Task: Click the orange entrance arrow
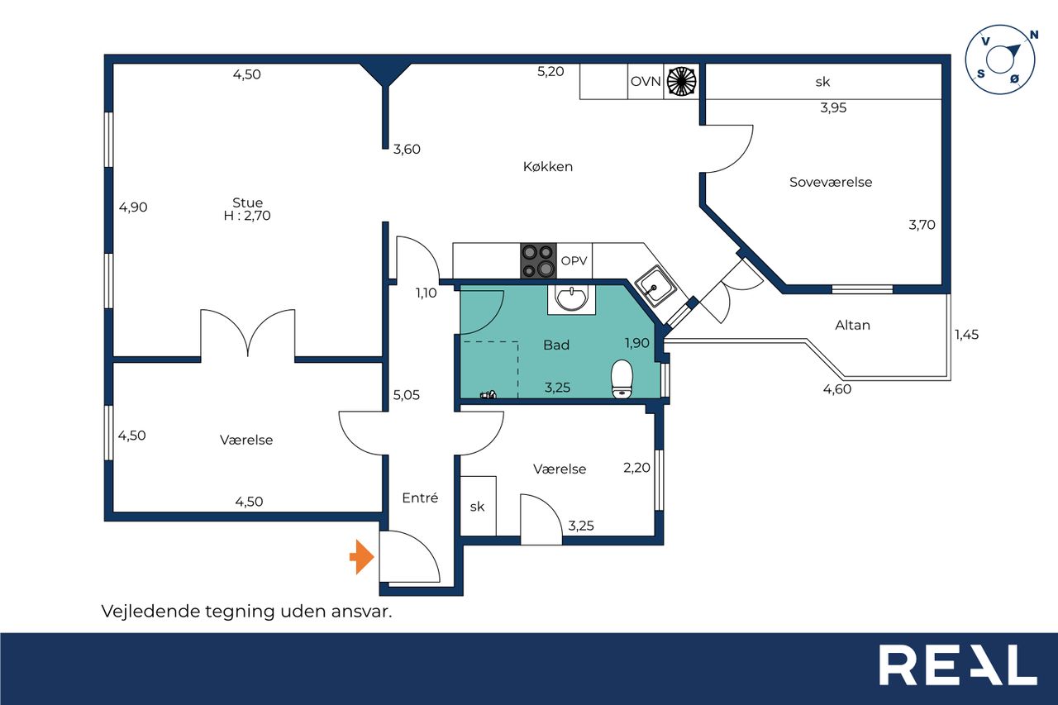point(362,557)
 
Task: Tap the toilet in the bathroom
point(622,379)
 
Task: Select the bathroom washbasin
point(571,298)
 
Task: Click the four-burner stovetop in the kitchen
point(538,260)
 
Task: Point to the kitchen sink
point(655,286)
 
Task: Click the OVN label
point(646,82)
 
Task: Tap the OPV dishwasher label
point(574,260)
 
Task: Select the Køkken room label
point(548,167)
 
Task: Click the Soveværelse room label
point(831,183)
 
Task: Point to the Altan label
point(852,326)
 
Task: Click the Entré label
point(420,498)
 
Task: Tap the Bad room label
point(556,345)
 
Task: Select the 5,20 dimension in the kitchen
point(550,72)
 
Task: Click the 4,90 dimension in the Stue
point(133,207)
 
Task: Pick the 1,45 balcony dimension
point(967,335)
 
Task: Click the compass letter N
point(1034,35)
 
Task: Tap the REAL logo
point(958,665)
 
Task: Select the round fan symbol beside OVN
point(682,81)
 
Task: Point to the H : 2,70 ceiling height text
point(247,216)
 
